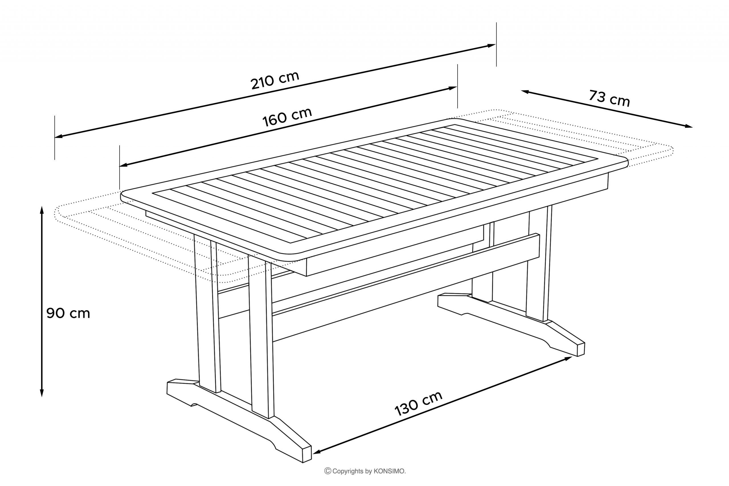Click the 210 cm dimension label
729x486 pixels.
(275, 80)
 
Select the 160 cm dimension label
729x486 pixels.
(287, 117)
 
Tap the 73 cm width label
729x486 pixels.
(609, 98)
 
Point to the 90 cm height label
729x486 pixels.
(68, 313)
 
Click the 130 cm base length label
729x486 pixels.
(418, 403)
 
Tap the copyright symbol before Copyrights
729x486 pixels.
(327, 471)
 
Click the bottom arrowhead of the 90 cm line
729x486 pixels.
(42, 393)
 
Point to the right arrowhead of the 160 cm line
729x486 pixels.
(453, 88)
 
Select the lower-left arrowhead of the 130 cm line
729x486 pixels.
(317, 452)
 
